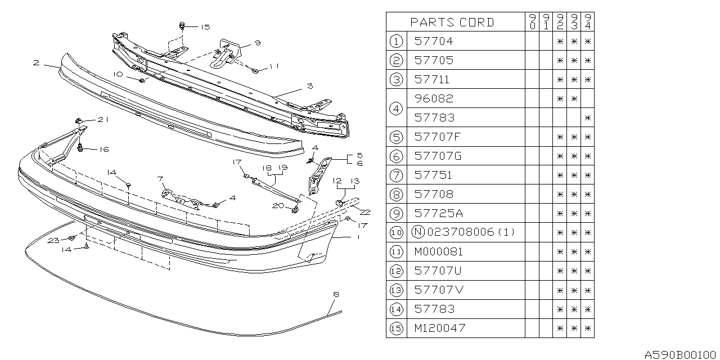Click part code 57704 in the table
[433, 41]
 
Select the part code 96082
[433, 98]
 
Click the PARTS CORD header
[452, 22]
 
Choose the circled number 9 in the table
[397, 213]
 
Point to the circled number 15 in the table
[397, 328]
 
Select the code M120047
[440, 328]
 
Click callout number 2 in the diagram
[36, 63]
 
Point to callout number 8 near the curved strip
[336, 294]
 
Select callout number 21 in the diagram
[102, 120]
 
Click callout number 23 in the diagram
[53, 241]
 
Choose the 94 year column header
[587, 22]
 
